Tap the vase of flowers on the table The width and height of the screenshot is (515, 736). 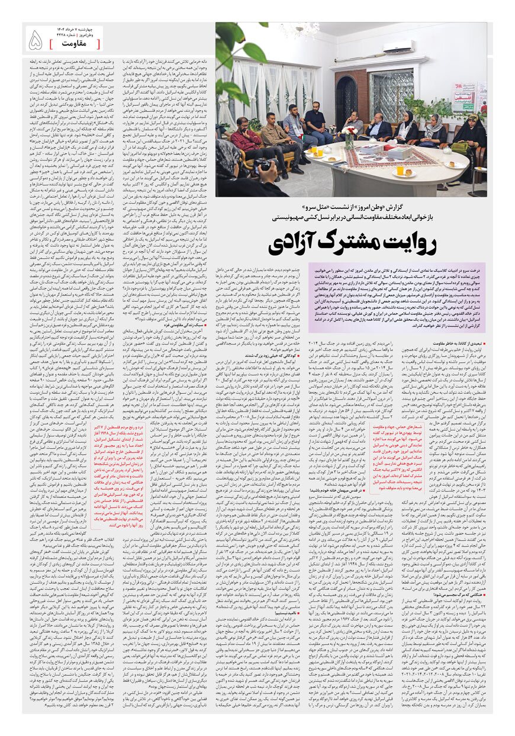(x=350, y=137)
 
